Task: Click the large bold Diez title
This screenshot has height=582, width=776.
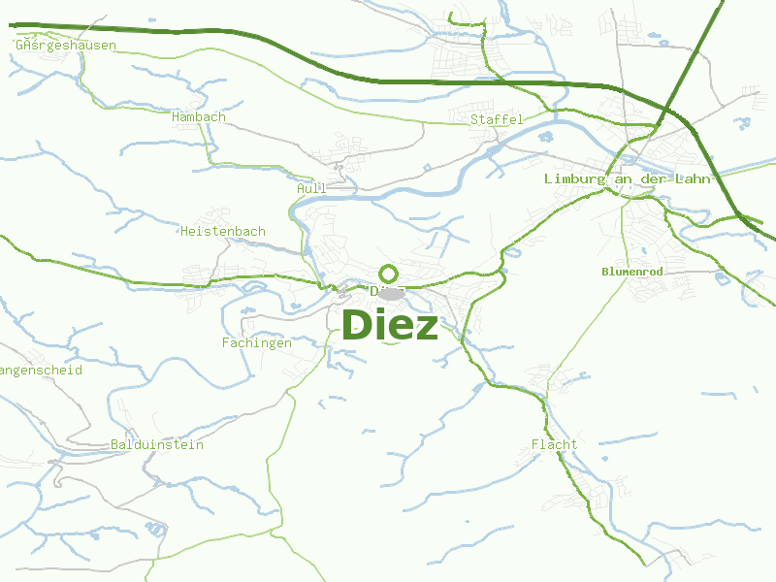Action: coord(390,325)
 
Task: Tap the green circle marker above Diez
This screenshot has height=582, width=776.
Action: coord(389,274)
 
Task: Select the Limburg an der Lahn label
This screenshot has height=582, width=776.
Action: coord(629,178)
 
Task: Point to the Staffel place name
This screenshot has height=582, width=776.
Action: coord(497,119)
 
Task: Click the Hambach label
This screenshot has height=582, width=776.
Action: coord(198,117)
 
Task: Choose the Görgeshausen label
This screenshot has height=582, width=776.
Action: coord(66,45)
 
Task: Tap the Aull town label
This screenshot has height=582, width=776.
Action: coord(312,188)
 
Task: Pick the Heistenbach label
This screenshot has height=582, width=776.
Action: coord(223,231)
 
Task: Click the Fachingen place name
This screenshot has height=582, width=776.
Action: coord(257,342)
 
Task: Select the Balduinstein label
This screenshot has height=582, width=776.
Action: coord(157,444)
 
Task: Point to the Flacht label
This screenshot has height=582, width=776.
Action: coord(554,444)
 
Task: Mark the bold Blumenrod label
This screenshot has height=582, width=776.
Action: coord(631,272)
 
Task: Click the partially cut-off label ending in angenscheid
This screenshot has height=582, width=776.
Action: coord(41,370)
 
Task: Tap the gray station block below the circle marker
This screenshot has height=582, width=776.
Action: coord(393,292)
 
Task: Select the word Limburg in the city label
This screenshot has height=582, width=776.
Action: coord(572,178)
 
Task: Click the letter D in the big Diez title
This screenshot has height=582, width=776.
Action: coord(357,325)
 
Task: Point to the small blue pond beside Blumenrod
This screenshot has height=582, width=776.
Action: coord(721,279)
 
